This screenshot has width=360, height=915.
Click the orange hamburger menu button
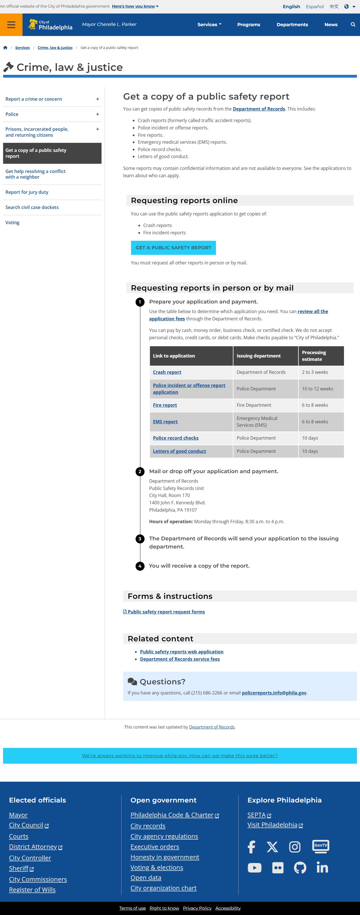click(x=11, y=24)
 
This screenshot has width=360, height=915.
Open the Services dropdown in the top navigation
click(x=209, y=24)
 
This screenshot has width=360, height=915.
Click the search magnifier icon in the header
click(x=352, y=24)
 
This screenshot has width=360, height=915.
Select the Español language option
click(x=314, y=6)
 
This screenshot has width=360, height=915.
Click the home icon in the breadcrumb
click(x=5, y=48)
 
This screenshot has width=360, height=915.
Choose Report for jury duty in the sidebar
click(x=27, y=192)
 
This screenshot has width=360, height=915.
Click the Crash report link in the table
click(x=167, y=372)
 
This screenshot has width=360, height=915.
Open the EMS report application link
click(x=165, y=422)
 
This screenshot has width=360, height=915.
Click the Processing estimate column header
click(x=314, y=356)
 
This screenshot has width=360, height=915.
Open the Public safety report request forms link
click(x=166, y=612)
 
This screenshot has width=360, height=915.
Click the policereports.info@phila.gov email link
click(x=274, y=693)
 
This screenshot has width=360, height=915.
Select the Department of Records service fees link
click(x=180, y=659)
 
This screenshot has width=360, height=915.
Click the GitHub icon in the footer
click(x=300, y=868)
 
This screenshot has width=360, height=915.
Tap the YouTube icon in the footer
click(x=254, y=868)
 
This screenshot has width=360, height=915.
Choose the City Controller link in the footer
click(x=30, y=858)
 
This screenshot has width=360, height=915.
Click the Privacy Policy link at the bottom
click(x=197, y=908)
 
